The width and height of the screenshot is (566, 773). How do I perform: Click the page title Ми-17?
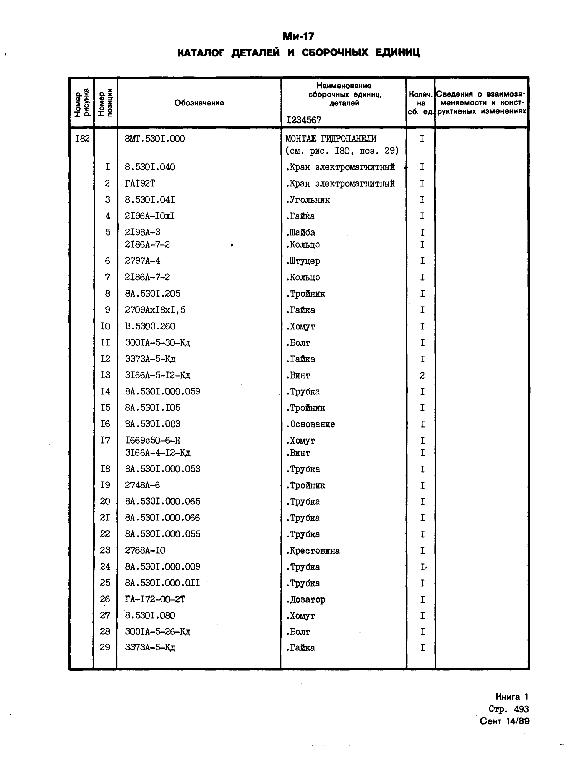(298, 36)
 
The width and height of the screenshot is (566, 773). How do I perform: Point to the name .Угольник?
(307, 200)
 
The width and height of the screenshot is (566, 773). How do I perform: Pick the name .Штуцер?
(303, 261)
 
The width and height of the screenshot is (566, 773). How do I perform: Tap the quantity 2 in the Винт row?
(422, 376)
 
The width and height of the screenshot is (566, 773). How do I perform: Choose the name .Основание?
(310, 424)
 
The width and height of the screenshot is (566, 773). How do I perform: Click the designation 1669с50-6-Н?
(152, 440)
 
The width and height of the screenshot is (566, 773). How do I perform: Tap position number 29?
(105, 647)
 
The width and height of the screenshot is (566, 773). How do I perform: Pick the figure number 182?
(82, 139)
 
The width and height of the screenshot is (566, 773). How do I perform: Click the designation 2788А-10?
(145, 550)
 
